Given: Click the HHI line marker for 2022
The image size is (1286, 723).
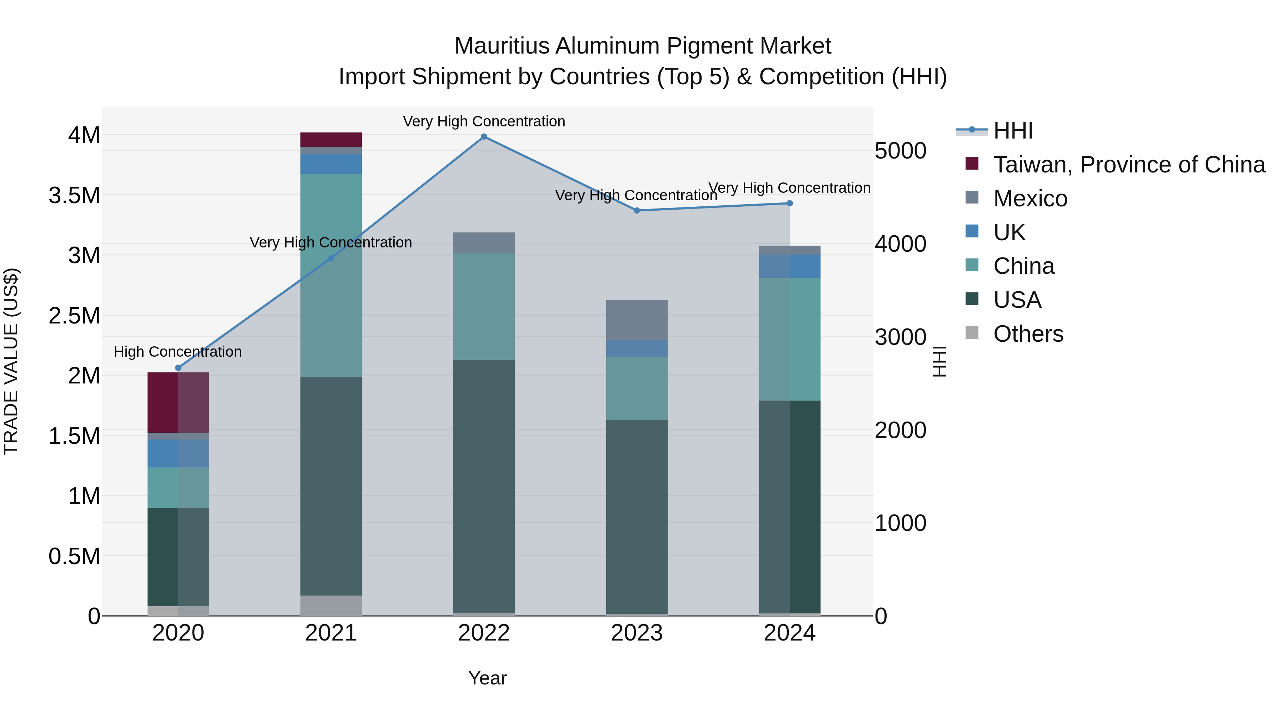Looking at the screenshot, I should pos(484,137).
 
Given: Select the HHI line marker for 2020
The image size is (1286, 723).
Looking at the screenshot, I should pos(178,368).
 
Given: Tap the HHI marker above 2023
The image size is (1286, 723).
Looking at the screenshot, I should pos(637,211).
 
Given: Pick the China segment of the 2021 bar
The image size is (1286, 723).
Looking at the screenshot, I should pos(331,275).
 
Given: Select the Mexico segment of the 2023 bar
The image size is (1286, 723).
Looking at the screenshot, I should pos(637,320).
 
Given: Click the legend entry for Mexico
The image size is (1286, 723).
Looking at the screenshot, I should pos(1030,199).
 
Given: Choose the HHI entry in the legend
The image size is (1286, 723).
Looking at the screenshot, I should pos(1013,131).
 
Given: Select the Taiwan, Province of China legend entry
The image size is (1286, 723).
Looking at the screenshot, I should pos(1129,165).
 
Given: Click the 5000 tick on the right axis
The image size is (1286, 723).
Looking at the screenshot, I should pos(901,151).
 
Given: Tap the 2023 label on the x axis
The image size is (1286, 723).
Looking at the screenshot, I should pos(637,633).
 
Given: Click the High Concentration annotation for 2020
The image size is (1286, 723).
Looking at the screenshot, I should pos(178,352).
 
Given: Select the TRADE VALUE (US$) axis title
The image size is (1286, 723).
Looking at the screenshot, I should pos(11,361).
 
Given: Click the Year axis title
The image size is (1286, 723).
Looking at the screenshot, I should pos(487,678).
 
